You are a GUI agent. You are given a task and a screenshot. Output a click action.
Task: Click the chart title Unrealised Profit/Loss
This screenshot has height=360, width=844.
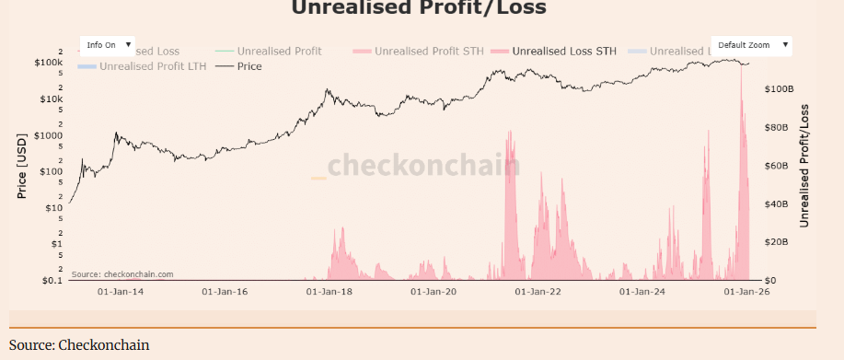pos(419,9)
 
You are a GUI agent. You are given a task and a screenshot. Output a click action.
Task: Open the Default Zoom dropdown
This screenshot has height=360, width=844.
pos(751,45)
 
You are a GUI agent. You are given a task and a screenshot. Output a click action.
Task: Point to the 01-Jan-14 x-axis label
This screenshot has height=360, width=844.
pos(120,292)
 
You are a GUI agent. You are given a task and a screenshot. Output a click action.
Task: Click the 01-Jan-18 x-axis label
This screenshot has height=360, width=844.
pos(329,292)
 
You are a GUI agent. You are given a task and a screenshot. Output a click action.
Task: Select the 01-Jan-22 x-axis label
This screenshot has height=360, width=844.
pos(538,292)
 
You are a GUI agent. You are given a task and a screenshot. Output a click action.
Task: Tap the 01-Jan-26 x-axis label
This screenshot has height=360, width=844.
pos(746,292)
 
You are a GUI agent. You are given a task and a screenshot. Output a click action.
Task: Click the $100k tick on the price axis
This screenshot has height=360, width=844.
pos(48,63)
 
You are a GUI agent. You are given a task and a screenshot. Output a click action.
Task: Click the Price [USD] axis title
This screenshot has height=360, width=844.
pos(23,166)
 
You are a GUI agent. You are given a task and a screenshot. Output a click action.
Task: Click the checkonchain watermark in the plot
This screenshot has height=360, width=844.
pos(423,166)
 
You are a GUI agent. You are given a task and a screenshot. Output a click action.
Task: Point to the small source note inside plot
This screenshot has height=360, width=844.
pos(121,274)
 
